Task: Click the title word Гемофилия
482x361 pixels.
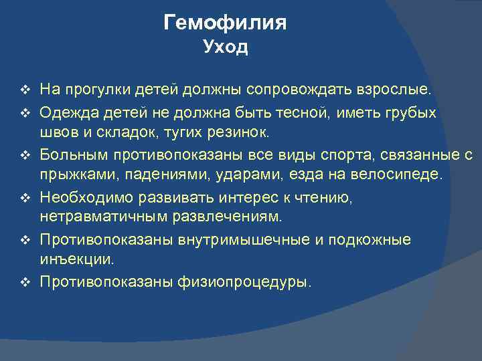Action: (225, 23)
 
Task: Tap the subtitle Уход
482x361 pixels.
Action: (225, 47)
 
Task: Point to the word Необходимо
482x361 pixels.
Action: (82, 199)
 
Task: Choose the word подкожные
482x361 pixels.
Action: (376, 240)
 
